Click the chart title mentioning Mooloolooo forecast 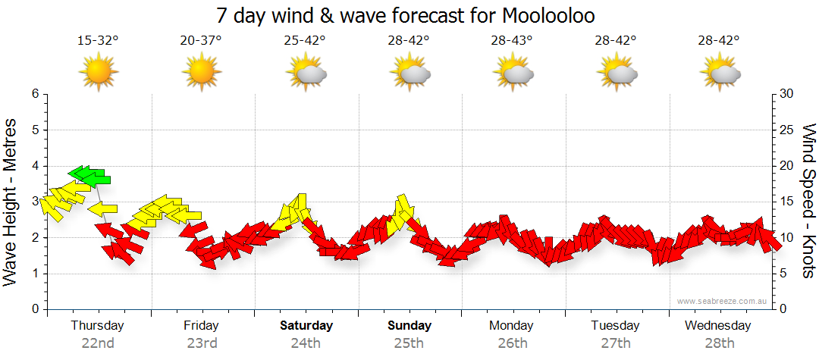[409, 15]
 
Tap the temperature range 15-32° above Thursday [98, 41]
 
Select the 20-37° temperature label [201, 41]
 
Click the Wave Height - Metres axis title [11, 201]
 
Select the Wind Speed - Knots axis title [808, 201]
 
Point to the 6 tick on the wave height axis [35, 94]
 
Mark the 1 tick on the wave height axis [35, 274]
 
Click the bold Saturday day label [306, 326]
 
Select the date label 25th [409, 343]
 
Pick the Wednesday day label [717, 326]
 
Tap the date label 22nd [98, 343]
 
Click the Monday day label [512, 326]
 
